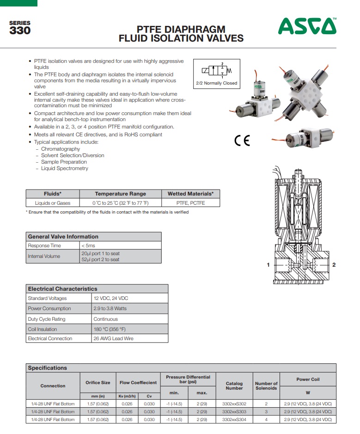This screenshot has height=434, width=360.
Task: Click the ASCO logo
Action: (307, 26)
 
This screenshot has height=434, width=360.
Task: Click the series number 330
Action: (20, 31)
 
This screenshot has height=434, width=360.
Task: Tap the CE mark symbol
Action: (242, 141)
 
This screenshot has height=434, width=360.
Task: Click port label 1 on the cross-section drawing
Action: (268, 265)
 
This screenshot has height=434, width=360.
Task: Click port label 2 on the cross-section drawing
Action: (334, 265)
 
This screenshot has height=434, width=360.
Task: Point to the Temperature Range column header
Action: (120, 194)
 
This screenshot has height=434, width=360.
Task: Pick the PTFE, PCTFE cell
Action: (190, 203)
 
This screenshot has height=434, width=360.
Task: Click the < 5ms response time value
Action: (88, 245)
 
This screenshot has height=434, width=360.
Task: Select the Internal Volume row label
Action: (44, 256)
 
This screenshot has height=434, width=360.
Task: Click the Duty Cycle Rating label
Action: (47, 319)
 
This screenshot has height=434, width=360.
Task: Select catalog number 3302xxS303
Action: (234, 411)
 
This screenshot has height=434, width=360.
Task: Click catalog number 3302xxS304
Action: (234, 420)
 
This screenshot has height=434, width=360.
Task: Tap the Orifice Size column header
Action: (98, 383)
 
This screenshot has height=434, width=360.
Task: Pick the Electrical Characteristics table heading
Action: (63, 288)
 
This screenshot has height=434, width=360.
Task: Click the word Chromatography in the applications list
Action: (61, 149)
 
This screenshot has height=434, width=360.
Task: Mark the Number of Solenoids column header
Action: (266, 385)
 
